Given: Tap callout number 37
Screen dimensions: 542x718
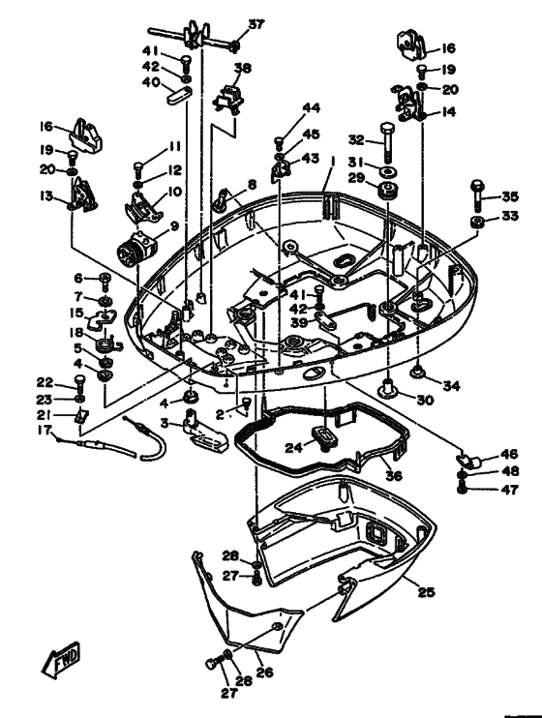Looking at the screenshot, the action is [256, 24].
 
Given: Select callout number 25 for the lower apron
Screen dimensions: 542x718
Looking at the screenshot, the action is [426, 592].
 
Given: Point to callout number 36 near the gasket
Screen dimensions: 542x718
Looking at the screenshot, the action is [394, 475].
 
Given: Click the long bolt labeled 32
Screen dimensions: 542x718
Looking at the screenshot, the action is [387, 142].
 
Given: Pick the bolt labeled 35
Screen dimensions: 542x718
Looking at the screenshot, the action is [477, 194].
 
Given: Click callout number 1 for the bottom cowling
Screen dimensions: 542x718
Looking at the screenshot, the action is [333, 162].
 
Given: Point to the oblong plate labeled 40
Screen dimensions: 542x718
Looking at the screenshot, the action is [178, 98].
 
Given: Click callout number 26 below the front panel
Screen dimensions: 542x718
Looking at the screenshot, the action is [264, 672].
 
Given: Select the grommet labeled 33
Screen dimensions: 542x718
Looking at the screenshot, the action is [478, 223].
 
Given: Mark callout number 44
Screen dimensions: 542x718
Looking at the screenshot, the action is [311, 108].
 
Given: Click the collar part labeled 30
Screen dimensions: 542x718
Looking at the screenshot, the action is [388, 389].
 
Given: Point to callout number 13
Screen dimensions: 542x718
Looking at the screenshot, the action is [46, 196].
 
